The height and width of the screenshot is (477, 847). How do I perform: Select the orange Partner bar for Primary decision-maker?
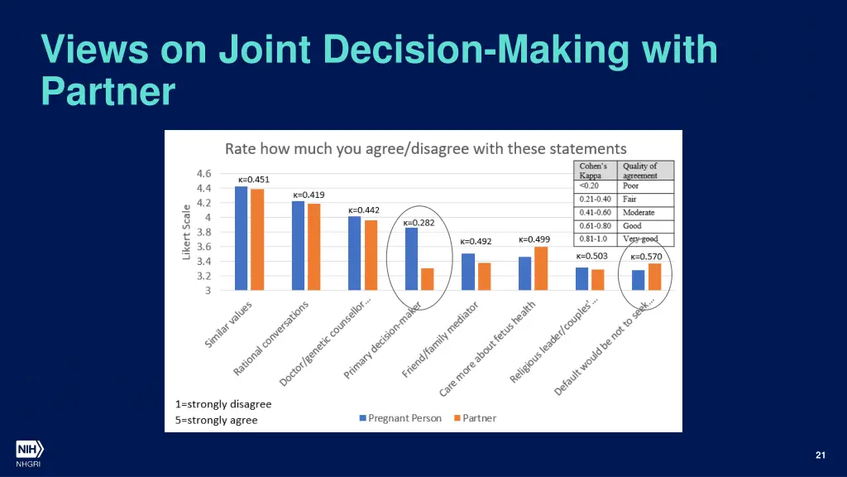tap(427, 279)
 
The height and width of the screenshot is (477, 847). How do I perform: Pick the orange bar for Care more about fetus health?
tap(541, 268)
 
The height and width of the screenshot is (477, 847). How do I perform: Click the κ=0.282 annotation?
tap(419, 222)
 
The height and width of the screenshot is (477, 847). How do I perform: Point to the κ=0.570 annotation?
tap(646, 257)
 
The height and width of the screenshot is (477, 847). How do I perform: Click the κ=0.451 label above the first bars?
tap(253, 179)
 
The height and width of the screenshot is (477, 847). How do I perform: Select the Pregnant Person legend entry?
tap(400, 418)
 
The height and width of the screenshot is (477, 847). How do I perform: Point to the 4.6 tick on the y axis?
tap(203, 174)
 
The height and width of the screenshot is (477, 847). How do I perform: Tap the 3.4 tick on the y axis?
tap(203, 262)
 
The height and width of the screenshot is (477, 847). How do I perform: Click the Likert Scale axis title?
tap(186, 234)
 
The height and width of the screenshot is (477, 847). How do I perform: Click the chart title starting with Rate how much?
tap(426, 149)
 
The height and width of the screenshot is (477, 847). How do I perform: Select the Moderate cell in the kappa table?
tap(639, 213)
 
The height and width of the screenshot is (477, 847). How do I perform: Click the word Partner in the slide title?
tap(108, 91)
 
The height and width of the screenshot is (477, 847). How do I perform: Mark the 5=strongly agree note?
tap(217, 420)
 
